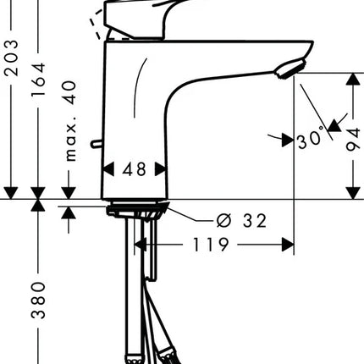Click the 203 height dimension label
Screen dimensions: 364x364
tap(12, 58)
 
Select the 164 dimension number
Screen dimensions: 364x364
tap(38, 80)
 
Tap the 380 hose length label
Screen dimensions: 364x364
tap(38, 300)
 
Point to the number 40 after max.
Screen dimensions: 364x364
tap(69, 93)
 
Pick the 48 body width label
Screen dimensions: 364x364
tap(135, 169)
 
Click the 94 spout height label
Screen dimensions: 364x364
tap(353, 140)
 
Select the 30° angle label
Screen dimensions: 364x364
tap(311, 139)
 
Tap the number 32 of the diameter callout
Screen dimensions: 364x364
tap(255, 221)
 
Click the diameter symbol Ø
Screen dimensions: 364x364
tap(224, 220)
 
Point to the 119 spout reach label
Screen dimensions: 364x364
tap(211, 245)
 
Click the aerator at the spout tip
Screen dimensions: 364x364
tap(290, 69)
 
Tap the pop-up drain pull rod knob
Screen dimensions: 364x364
tap(97, 144)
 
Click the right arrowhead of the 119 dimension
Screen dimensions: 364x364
tap(288, 245)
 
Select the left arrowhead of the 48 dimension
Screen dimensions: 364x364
tap(108, 169)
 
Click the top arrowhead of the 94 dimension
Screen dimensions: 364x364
tap(353, 79)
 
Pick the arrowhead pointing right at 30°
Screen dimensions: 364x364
tap(287, 140)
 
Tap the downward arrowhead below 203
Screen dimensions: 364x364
tap(11, 193)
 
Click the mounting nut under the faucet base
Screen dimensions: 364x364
tap(136, 211)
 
